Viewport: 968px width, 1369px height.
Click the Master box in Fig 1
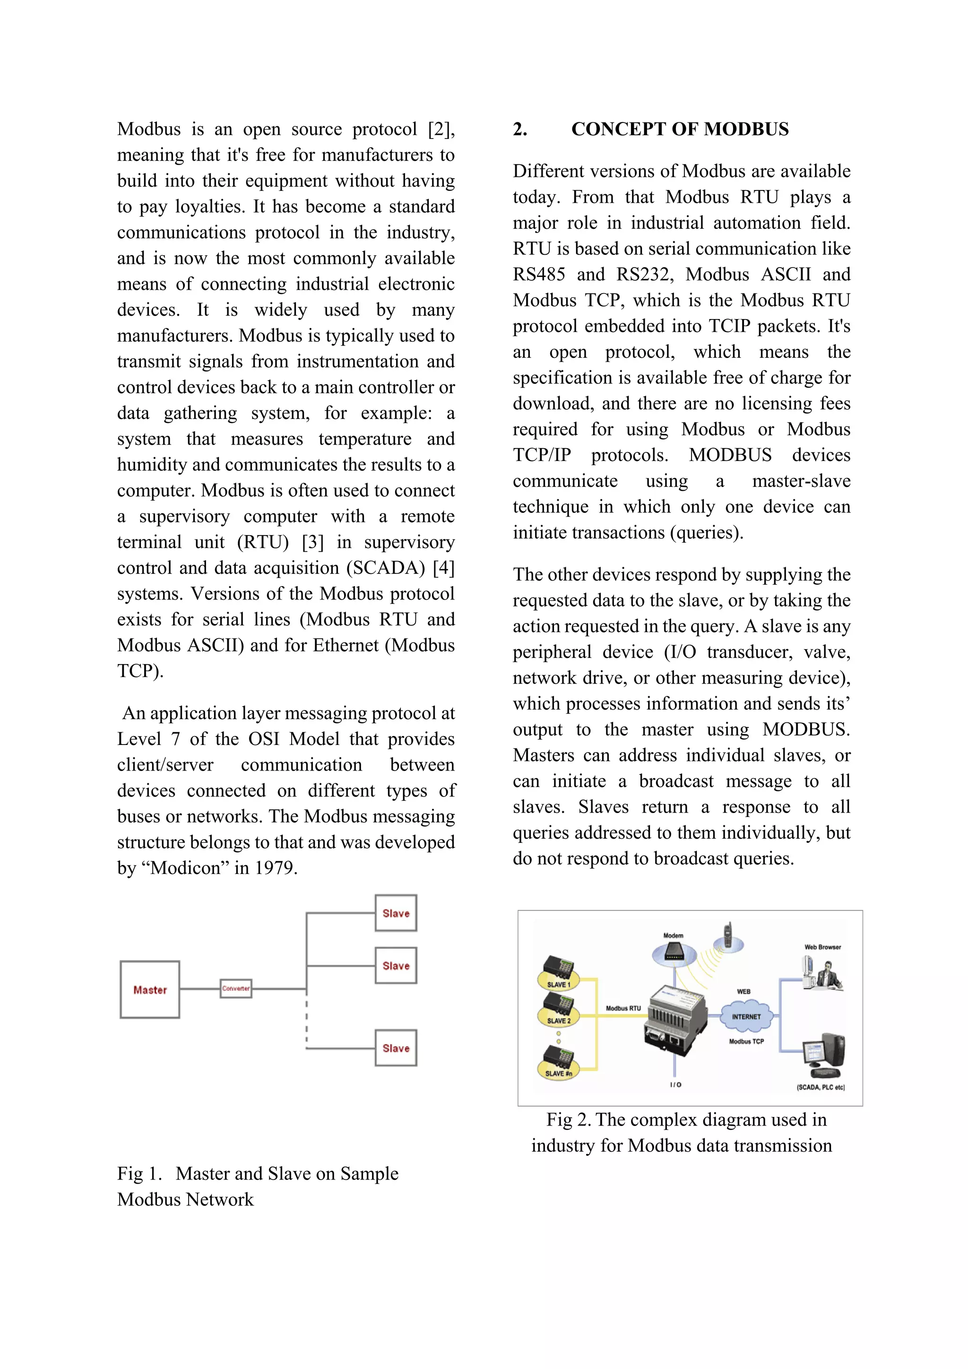pos(150,990)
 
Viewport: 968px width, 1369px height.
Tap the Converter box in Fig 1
pos(236,988)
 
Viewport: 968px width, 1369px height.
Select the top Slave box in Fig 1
pos(396,913)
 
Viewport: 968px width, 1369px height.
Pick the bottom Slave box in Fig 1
pos(396,1048)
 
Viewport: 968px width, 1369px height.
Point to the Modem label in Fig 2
pos(674,936)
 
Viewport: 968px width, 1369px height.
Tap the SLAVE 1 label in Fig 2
pos(559,984)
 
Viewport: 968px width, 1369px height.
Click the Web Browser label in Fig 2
pos(822,947)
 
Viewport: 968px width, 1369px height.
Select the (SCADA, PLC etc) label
pos(821,1087)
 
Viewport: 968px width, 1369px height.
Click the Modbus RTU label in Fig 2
pos(623,1008)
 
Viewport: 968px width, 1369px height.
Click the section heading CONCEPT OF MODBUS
pos(680,130)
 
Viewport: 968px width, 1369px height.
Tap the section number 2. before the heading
pos(520,130)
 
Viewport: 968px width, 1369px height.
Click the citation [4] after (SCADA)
pos(443,568)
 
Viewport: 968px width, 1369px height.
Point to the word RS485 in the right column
pos(539,275)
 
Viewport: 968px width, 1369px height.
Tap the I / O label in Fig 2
pos(675,1084)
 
